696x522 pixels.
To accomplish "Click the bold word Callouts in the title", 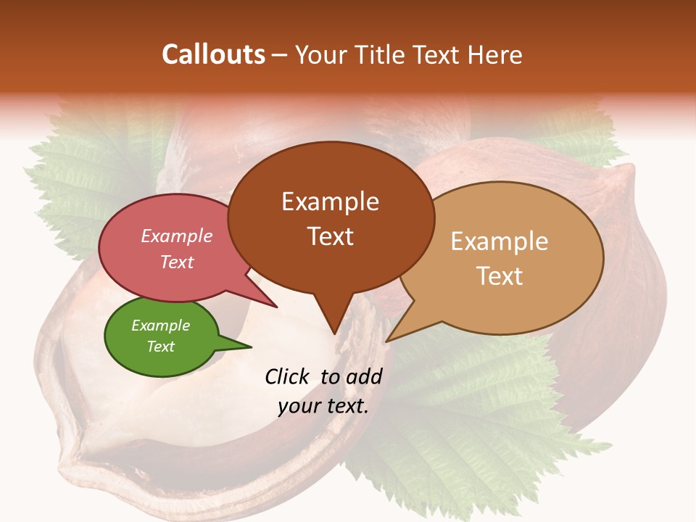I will (x=213, y=54).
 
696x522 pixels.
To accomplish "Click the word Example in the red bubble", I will (x=176, y=236).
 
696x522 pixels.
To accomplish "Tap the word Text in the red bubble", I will (x=176, y=262).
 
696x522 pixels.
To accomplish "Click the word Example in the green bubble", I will (x=160, y=326).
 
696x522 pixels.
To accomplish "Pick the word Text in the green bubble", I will (x=160, y=347).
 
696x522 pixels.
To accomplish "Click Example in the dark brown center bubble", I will (x=330, y=202).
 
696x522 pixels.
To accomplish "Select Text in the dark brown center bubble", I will (x=330, y=236).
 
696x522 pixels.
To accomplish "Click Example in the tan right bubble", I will (x=500, y=241).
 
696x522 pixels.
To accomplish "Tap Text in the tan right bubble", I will (x=500, y=276).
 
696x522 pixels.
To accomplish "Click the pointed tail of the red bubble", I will (x=275, y=307).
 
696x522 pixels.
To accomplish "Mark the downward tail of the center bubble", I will (x=333, y=332).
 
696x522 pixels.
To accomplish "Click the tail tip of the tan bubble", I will (x=388, y=340).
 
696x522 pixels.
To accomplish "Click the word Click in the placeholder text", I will (x=289, y=376).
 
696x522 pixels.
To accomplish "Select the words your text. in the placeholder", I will (x=323, y=406).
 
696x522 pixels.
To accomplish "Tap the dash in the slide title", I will (x=280, y=55).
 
